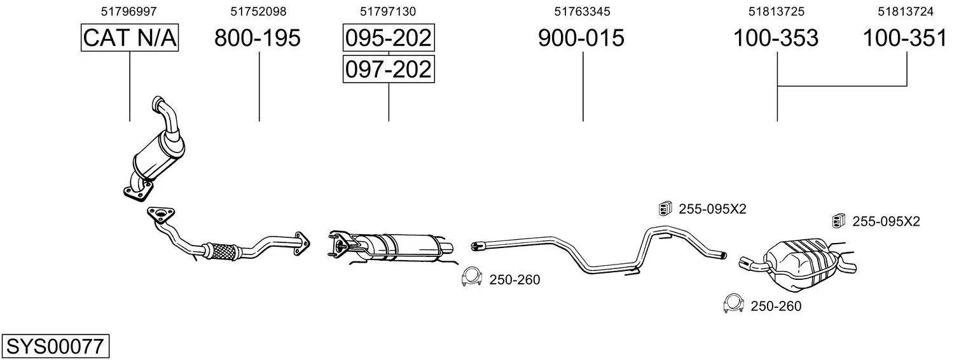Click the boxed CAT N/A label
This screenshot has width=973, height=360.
tap(130, 38)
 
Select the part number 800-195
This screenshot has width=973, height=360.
tap(258, 38)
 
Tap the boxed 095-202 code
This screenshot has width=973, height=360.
tap(389, 38)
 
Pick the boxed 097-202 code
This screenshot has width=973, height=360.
tap(389, 69)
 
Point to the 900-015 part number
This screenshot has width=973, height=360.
tap(581, 38)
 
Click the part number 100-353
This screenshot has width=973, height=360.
tap(776, 38)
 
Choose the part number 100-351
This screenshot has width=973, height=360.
tap(905, 38)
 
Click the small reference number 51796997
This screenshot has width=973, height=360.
tap(128, 11)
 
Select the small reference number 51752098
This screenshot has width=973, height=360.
tap(258, 11)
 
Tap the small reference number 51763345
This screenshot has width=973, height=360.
tap(582, 11)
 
